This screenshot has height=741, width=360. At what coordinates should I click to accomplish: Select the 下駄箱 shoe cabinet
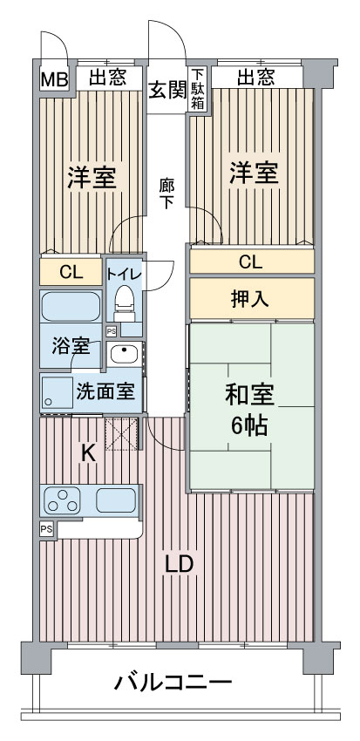[x=199, y=90]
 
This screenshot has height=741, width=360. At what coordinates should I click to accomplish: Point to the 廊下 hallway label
[x=166, y=192]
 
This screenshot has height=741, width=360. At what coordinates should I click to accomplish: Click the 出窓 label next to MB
[x=107, y=78]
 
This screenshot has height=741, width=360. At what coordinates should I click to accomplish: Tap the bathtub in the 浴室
[x=71, y=308]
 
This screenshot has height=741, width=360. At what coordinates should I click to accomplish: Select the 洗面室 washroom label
[x=105, y=391]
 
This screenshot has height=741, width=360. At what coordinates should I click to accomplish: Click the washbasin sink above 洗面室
[x=125, y=354]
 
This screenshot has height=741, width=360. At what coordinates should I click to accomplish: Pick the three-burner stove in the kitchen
[x=64, y=501]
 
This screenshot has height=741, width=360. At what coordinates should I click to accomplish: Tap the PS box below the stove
[x=45, y=528]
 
